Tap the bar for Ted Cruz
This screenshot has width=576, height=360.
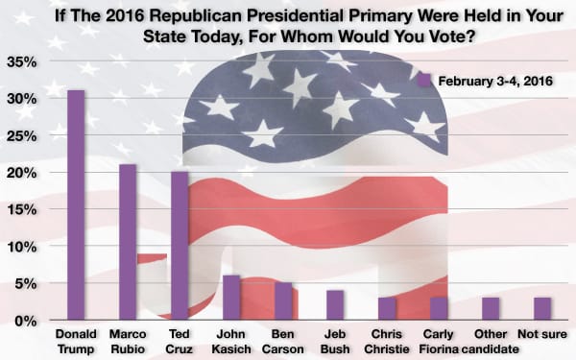pos(179,246)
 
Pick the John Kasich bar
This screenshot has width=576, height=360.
pos(230,298)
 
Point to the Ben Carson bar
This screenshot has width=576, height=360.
pos(282,301)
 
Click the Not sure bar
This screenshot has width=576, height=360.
pos(541,309)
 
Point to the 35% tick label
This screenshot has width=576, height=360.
pos(22,62)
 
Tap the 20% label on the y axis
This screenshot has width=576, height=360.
pos(22,173)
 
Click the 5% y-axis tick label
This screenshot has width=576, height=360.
pos(26,283)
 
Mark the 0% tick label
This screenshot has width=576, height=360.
pos(26,320)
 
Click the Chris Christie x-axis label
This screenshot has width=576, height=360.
pos(386,342)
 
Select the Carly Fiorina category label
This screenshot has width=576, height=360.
pos(438,342)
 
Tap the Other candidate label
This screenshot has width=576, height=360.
pos(490,342)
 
